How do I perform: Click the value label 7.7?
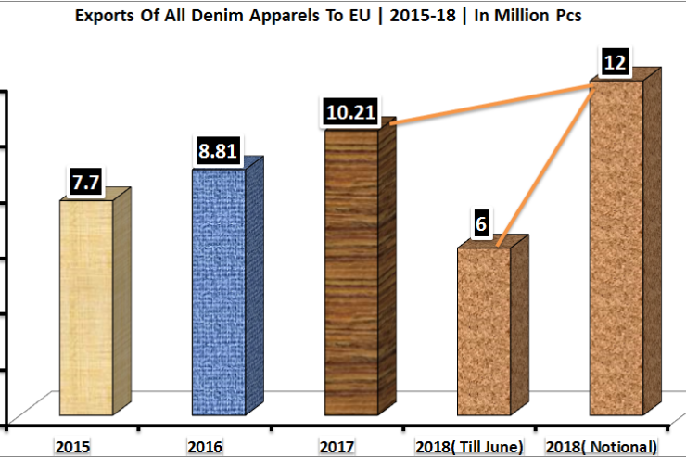(86, 183)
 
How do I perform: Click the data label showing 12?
(615, 63)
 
